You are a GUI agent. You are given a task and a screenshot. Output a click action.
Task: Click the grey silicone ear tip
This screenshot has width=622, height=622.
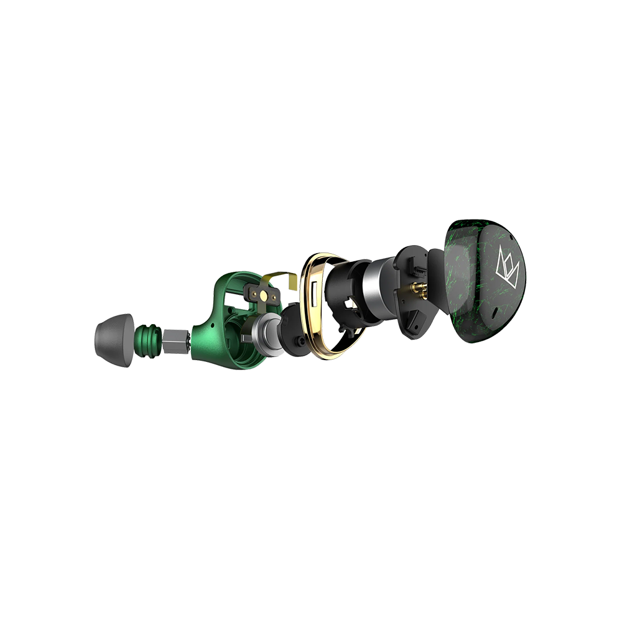pos(115,340)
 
